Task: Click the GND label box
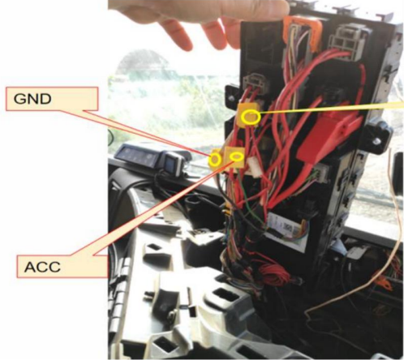pyautogui.click(x=52, y=99)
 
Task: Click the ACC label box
pyautogui.click(x=62, y=267)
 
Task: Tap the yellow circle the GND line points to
pyautogui.click(x=215, y=160)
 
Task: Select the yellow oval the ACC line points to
pyautogui.click(x=237, y=156)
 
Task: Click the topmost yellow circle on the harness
pyautogui.click(x=251, y=118)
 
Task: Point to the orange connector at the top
pyautogui.click(x=302, y=31)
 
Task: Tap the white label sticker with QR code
pyautogui.click(x=286, y=229)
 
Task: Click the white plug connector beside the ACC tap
pyautogui.click(x=254, y=167)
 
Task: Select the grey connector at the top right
pyautogui.click(x=346, y=41)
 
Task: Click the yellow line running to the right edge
pyautogui.click(x=332, y=109)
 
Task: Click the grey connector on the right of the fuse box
pyautogui.click(x=322, y=172)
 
